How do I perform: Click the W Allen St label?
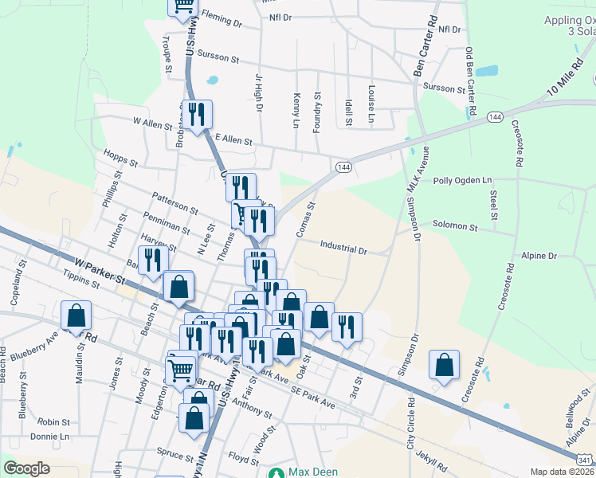pos(152,123)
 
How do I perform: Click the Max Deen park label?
pos(312,472)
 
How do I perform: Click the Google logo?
pos(26,468)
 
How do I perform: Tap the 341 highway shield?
pos(585,460)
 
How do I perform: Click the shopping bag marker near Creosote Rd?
pos(444,365)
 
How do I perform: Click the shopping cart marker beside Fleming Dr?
pos(183,7)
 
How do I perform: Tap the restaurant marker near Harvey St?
pos(152,260)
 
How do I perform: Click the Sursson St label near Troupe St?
pos(217,58)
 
